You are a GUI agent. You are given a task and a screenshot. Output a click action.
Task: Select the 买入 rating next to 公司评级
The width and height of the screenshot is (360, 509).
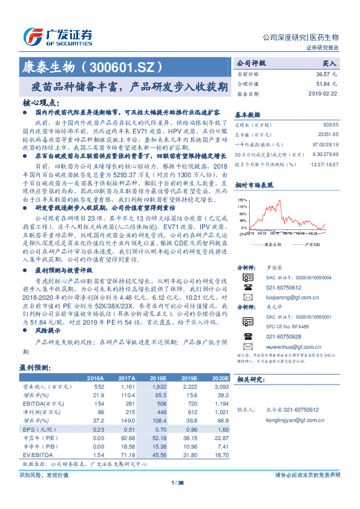(329, 63)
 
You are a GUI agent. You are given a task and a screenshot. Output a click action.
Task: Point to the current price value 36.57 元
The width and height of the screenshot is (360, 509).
(325, 73)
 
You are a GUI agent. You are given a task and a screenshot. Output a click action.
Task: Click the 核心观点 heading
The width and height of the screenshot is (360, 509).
(41, 102)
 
